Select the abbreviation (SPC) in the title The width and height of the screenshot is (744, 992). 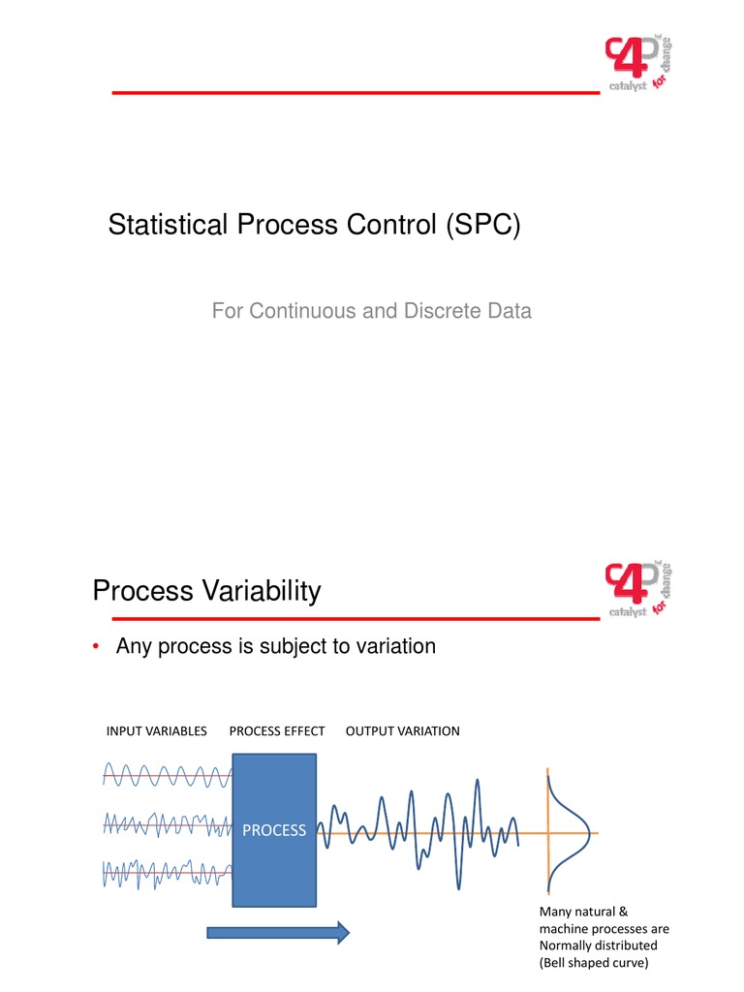pyautogui.click(x=482, y=227)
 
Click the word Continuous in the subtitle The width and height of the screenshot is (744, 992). pyautogui.click(x=294, y=312)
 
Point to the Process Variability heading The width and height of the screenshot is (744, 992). pyautogui.click(x=206, y=591)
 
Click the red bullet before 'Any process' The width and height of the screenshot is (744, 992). pyautogui.click(x=98, y=647)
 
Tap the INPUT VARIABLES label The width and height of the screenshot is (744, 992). pyautogui.click(x=157, y=731)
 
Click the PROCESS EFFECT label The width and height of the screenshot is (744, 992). pyautogui.click(x=277, y=731)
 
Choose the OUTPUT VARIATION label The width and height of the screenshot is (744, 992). pyautogui.click(x=402, y=731)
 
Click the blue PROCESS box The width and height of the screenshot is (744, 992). pyautogui.click(x=274, y=830)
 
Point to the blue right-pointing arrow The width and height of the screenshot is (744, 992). pyautogui.click(x=278, y=932)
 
